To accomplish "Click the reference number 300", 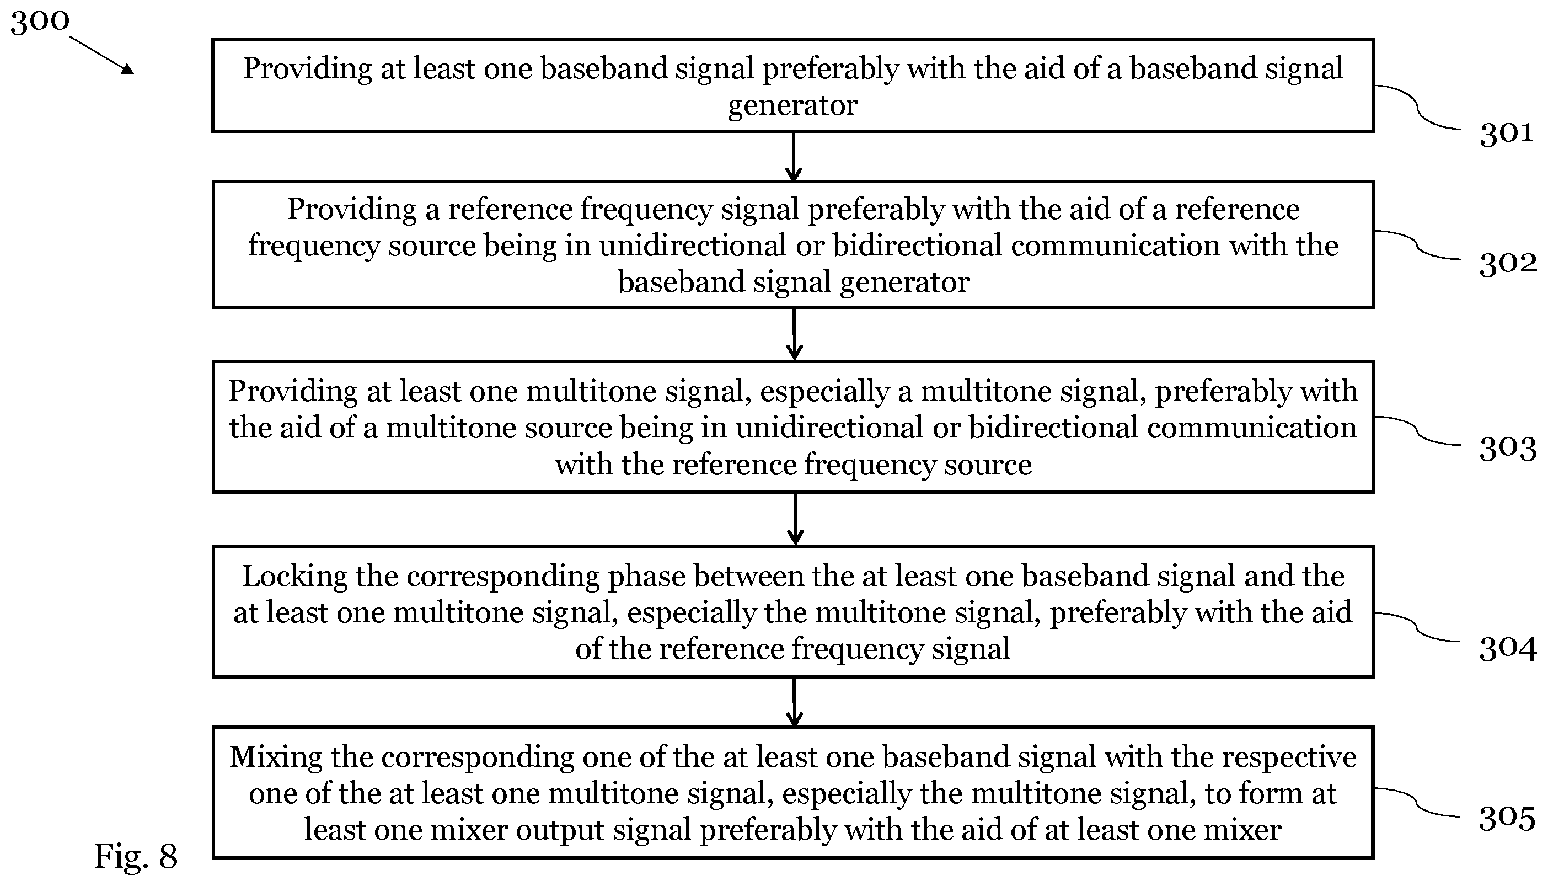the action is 40,22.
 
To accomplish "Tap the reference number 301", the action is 1506,132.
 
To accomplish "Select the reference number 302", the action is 1508,264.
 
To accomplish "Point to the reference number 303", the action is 1508,449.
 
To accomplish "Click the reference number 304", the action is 1508,649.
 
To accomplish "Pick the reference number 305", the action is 1507,819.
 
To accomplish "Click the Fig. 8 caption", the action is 136,857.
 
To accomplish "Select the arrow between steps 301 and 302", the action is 794,156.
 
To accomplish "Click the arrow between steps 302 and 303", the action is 794,334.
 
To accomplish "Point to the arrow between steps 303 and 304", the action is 795,519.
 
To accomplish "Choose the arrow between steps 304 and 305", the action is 794,702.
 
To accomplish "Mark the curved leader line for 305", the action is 1417,802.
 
